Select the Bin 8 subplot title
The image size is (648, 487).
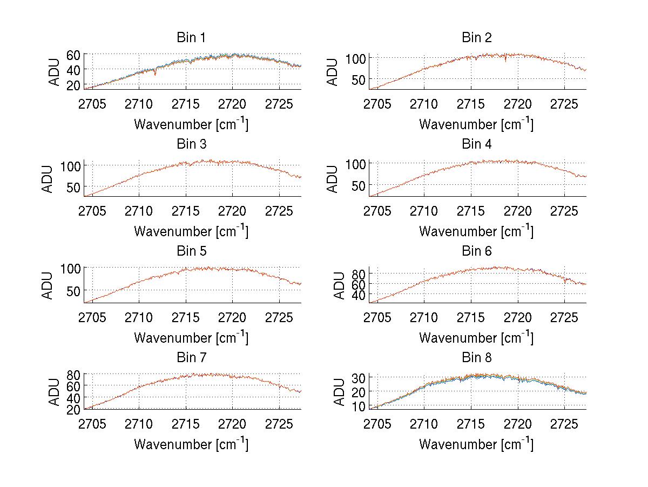coord(476,358)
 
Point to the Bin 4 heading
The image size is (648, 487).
coord(476,144)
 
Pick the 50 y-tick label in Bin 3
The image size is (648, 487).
coord(73,187)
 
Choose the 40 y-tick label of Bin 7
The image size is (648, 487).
coord(73,397)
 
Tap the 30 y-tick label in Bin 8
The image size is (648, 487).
coord(359,377)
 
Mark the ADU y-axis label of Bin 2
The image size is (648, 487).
coord(333,71)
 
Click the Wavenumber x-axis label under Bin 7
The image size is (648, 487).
coord(191,444)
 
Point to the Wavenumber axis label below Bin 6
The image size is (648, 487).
coord(476,338)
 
